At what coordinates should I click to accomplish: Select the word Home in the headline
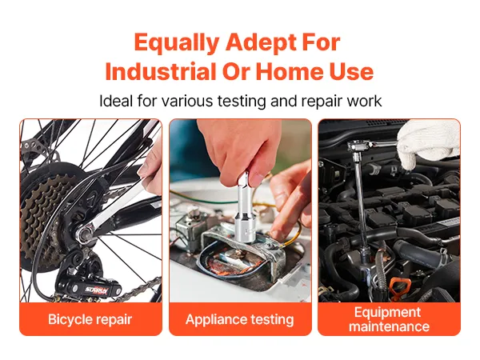[x=289, y=71]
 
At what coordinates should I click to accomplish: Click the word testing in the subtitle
[x=242, y=102]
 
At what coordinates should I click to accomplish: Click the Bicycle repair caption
[x=90, y=319]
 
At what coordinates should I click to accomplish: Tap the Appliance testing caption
[x=240, y=319]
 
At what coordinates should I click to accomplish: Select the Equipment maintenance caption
[x=389, y=319]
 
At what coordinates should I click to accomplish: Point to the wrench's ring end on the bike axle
[x=84, y=234]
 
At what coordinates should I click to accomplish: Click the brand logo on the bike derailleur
[x=97, y=290]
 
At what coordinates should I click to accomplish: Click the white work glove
[x=429, y=144]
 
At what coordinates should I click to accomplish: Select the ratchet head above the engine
[x=357, y=146]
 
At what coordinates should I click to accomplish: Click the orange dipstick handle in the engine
[x=400, y=288]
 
